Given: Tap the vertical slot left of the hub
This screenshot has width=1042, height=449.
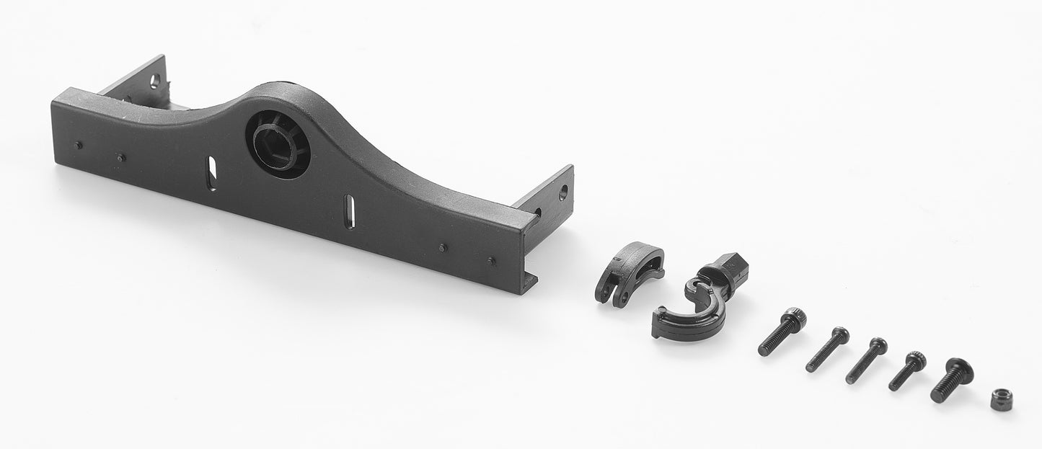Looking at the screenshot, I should (211, 173).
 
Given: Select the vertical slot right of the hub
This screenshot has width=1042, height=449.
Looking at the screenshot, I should (349, 211).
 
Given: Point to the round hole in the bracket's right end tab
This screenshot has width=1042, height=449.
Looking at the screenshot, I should (562, 192).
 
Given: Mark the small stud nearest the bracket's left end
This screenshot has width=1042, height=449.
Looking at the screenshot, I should (79, 145).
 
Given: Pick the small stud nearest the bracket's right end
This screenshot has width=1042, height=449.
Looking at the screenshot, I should (492, 260).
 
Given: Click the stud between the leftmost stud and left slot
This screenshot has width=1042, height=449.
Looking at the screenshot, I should (121, 156).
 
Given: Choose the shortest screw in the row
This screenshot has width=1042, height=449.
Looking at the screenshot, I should (906, 371).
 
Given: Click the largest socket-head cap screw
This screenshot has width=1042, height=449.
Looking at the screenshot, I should (782, 332).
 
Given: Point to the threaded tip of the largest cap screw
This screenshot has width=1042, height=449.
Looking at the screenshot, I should (764, 350).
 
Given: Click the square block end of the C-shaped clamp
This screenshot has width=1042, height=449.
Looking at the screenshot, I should (730, 270).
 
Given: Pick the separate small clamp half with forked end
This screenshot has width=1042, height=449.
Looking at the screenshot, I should (628, 272).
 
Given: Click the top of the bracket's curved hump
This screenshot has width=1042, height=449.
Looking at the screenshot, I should (285, 91).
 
